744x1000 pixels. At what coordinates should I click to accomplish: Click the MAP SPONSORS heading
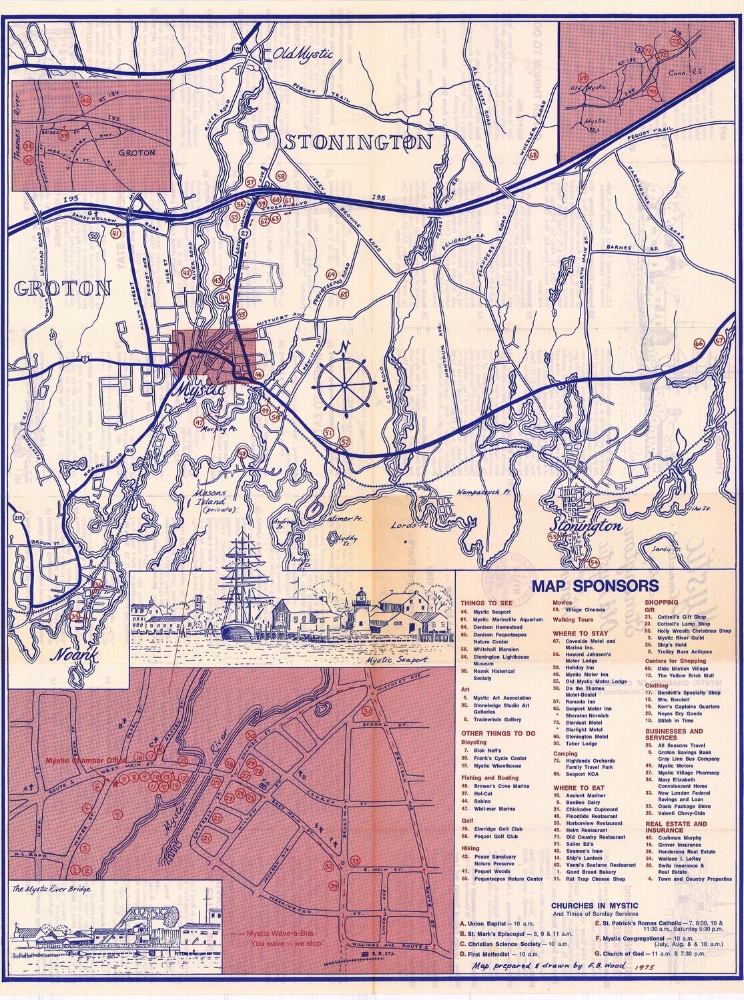coord(594,587)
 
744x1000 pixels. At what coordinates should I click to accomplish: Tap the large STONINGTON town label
coord(359,142)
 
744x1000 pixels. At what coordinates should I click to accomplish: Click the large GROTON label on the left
coord(61,288)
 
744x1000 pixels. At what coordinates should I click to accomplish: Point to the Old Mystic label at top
coord(304,55)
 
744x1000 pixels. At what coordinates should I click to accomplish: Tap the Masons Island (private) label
coord(202,497)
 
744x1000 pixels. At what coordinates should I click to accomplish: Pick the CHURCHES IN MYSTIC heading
coord(595,905)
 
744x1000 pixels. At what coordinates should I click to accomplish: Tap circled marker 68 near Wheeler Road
coord(532,155)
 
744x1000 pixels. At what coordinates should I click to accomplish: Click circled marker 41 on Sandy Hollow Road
coord(115,233)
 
